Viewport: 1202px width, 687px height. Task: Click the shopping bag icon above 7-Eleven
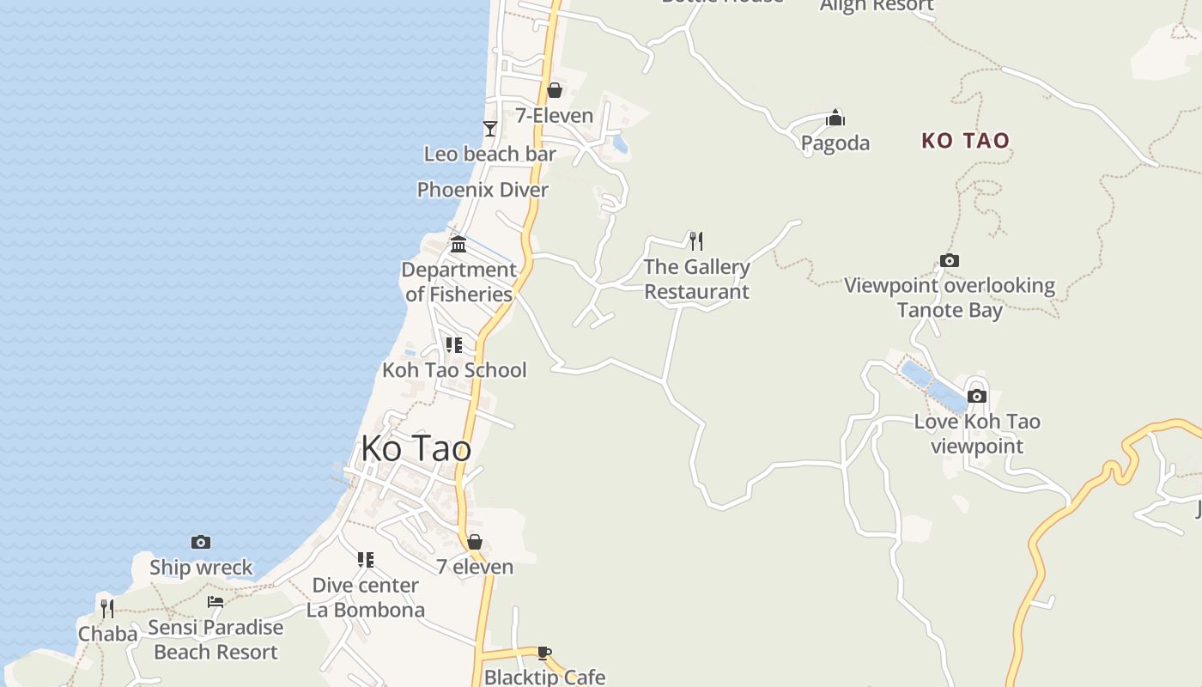[x=555, y=89]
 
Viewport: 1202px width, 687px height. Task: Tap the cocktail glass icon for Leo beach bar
[x=490, y=129]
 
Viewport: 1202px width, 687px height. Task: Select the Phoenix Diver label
[x=483, y=190]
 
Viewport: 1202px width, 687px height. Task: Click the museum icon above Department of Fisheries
[x=458, y=245]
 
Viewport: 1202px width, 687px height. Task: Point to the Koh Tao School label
[x=454, y=370]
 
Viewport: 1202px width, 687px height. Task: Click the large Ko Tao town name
[x=416, y=448]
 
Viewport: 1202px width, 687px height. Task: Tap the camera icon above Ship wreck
[x=201, y=542]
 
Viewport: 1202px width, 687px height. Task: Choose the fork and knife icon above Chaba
[x=107, y=608]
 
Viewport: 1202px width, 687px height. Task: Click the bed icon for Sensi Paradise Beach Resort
[x=216, y=602]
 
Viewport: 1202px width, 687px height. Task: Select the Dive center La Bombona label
[x=366, y=597]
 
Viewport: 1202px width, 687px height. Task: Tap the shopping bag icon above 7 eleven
[x=475, y=542]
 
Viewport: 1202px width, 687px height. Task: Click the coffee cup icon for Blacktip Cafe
[x=543, y=653]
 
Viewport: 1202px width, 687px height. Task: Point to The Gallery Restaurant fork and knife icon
[x=696, y=240]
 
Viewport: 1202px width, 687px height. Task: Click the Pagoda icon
[x=835, y=118]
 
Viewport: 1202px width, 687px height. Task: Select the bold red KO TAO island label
[x=965, y=141]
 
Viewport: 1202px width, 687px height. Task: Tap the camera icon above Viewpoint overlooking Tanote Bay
[x=950, y=260]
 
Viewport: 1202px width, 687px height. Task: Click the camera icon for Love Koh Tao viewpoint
[x=976, y=396]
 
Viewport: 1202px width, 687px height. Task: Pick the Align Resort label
[x=877, y=6]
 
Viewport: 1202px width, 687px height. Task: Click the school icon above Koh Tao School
[x=453, y=345]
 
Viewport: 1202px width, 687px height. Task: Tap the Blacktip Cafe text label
[x=544, y=677]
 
